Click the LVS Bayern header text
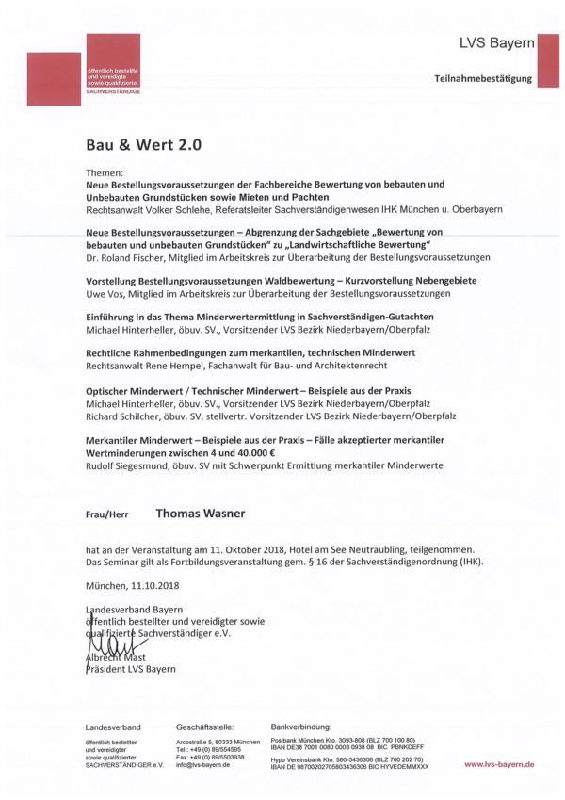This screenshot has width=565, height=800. click(x=496, y=43)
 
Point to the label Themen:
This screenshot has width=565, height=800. click(x=104, y=173)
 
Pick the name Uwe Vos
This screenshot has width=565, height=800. click(x=106, y=293)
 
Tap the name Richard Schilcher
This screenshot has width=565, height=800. click(x=125, y=415)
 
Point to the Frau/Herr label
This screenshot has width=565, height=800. click(x=107, y=516)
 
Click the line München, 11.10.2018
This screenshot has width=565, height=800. click(x=130, y=584)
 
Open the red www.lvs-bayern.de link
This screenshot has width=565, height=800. click(x=499, y=765)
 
